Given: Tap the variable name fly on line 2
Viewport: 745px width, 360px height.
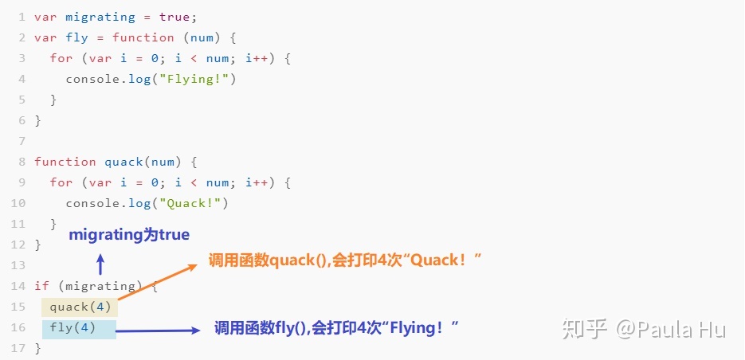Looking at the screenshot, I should point(77,37).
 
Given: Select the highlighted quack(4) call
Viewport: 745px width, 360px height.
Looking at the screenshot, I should point(80,307).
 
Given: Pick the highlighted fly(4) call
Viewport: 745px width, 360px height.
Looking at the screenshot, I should point(73,327).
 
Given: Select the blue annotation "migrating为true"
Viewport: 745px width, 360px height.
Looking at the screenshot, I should point(129,235).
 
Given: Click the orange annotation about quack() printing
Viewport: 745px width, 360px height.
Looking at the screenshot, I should point(346,260).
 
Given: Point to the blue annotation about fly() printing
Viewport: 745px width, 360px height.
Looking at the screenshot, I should point(337,327).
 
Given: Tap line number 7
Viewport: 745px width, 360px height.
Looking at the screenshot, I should point(22,141).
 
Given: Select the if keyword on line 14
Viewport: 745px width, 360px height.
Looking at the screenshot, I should point(41,286).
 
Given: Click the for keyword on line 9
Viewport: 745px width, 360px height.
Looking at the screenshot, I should point(61,182).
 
